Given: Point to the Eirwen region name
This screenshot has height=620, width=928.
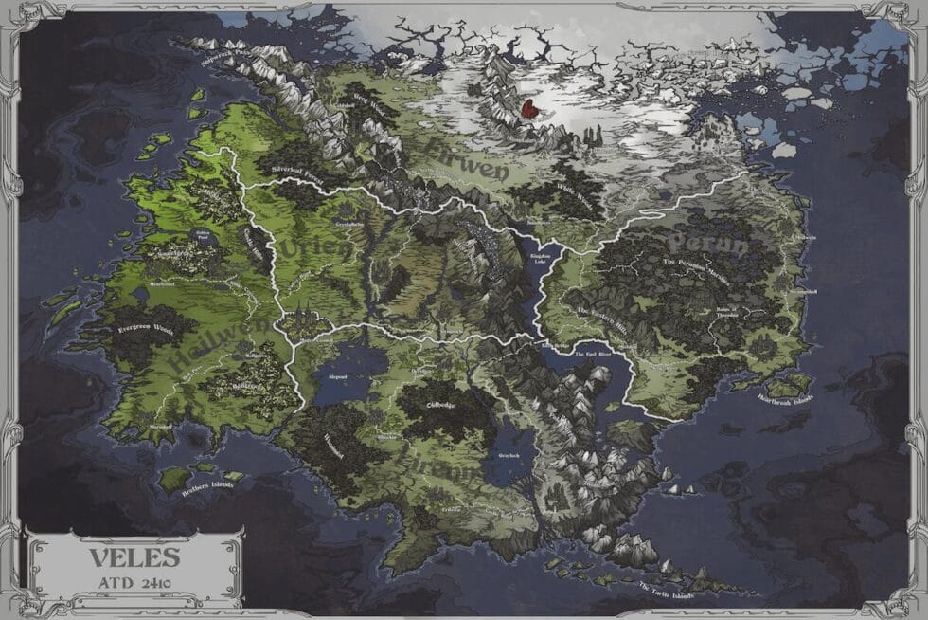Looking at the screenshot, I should [468, 160].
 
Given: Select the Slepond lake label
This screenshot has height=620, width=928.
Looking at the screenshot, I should [339, 376].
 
